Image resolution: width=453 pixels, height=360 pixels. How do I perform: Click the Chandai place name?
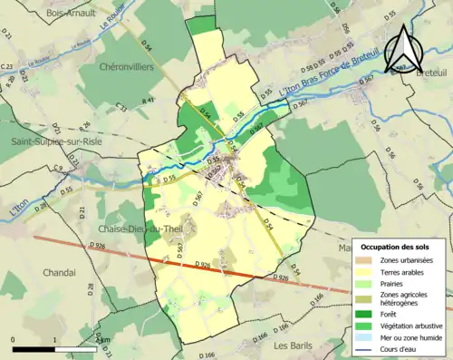31,271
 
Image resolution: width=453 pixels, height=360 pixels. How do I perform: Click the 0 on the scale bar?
14,340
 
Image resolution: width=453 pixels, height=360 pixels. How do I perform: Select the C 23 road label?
8,67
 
